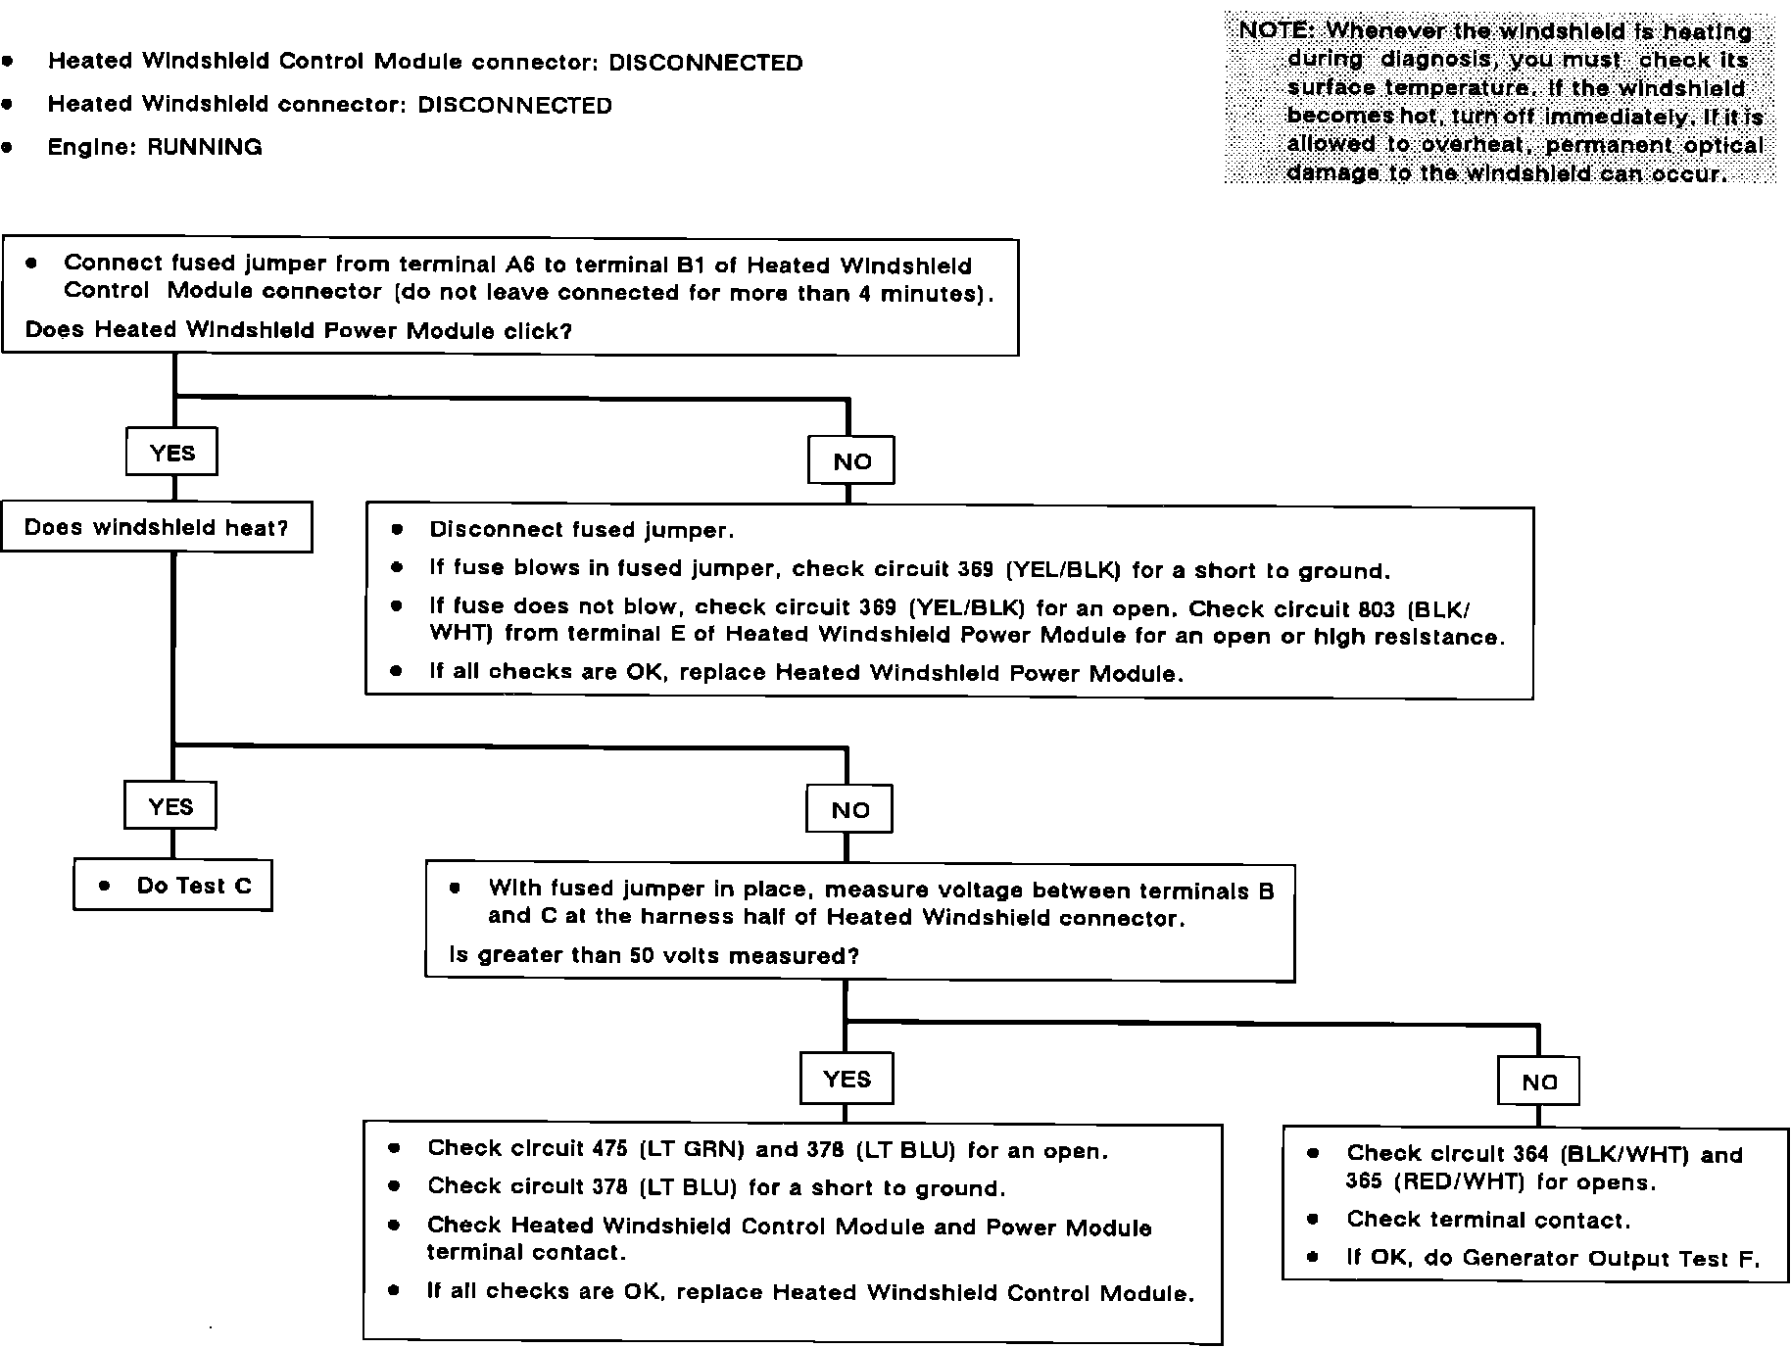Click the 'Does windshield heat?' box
[157, 528]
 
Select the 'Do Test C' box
[173, 886]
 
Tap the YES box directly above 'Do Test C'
[170, 806]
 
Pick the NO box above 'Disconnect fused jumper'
[851, 461]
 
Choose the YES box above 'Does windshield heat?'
[172, 453]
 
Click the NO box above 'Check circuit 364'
[1539, 1082]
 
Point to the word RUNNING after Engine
[205, 148]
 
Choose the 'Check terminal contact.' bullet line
[1487, 1220]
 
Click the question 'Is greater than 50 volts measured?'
[653, 955]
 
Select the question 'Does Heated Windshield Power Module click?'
[299, 330]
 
